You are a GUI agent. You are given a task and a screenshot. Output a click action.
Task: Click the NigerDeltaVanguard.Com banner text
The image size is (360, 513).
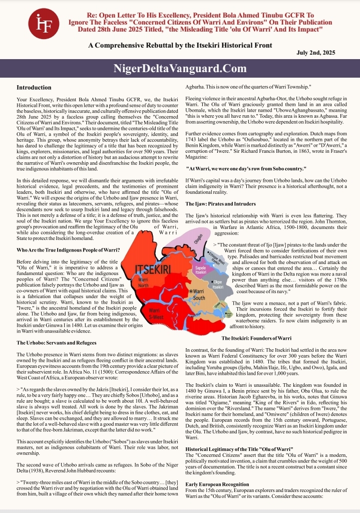pos(180,68)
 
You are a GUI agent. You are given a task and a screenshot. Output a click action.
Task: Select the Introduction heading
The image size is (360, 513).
pos(38,87)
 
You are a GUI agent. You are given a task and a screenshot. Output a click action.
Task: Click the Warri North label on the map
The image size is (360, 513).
pos(143,282)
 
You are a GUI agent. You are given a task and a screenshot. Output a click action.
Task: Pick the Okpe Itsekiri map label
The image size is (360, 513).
pos(218,284)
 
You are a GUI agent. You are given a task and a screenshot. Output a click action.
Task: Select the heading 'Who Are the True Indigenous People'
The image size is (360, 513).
pos(68,249)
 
